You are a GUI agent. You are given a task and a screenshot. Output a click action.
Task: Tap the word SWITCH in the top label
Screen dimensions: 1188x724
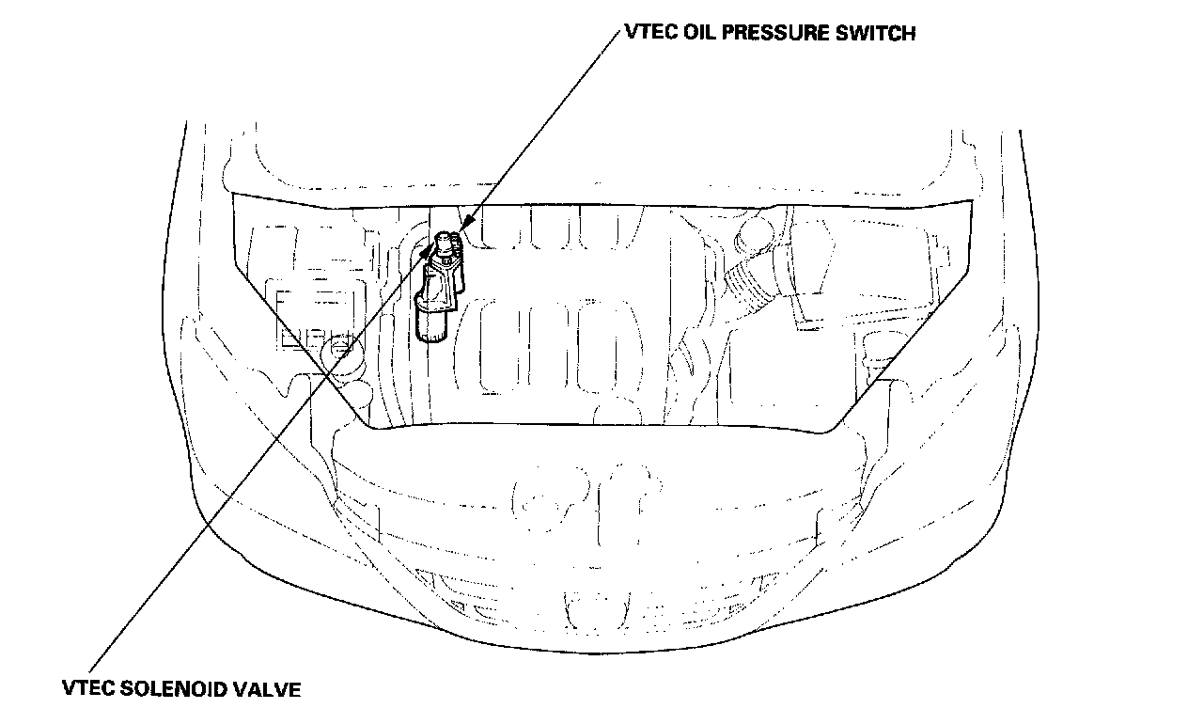click(x=878, y=34)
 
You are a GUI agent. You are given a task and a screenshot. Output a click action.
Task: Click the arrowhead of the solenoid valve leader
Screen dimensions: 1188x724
click(x=433, y=251)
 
